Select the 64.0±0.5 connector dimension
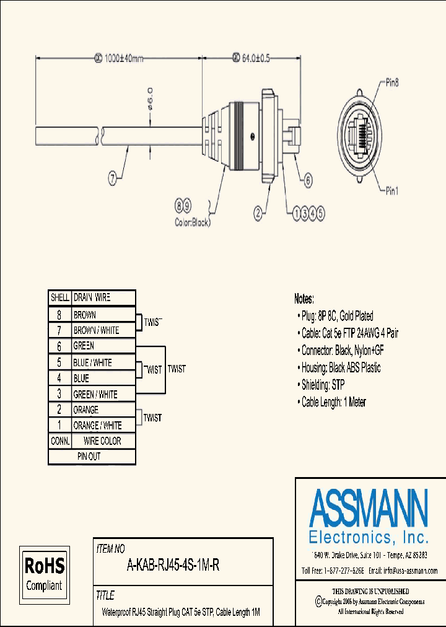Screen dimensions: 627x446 pos(252,58)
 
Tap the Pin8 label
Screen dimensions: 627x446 pos(392,81)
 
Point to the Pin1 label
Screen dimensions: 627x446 pos(391,191)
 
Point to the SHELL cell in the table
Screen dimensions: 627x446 pos(60,298)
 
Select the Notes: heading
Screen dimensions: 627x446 pos(304,298)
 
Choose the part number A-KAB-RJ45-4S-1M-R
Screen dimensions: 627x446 pos(173,565)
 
